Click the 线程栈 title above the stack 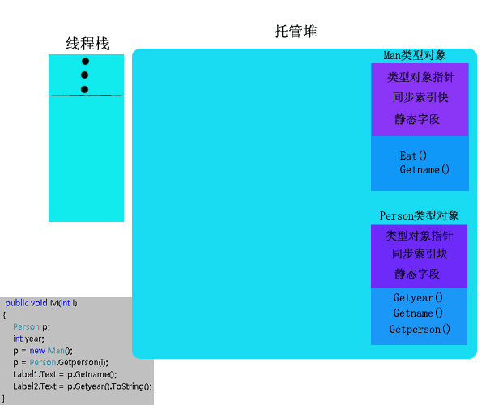click(87, 44)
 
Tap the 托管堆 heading click(296, 32)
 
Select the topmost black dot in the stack click(85, 62)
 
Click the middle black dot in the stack click(85, 75)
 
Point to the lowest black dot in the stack click(85, 89)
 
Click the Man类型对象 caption click(415, 55)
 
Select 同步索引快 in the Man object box click(420, 97)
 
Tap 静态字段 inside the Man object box click(417, 119)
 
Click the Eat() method click(413, 156)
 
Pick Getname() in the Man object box click(424, 170)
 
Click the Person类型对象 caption click(419, 215)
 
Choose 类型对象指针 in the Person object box click(419, 236)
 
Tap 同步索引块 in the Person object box click(419, 254)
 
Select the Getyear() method click(418, 297)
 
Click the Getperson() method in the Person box click(420, 330)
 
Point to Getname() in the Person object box click(418, 313)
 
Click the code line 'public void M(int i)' click(41, 303)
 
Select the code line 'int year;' click(28, 339)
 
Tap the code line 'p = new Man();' click(43, 351)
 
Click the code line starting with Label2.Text click(82, 386)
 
